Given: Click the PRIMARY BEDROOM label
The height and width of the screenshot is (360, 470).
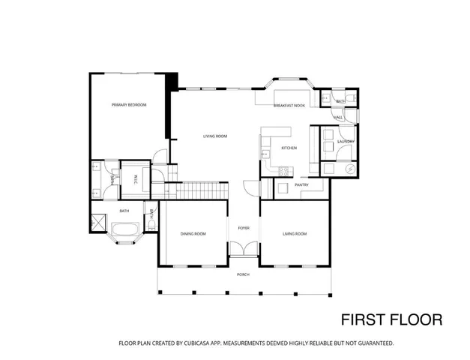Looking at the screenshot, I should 129,105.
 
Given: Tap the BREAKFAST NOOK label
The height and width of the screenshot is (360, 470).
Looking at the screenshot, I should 289,106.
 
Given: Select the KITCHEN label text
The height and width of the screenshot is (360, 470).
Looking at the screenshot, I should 289,148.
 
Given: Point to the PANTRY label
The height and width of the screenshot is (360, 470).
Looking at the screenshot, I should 302,184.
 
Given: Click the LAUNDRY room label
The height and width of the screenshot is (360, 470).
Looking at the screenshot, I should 345,142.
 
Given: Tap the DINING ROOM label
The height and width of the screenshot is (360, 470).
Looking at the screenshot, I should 193,234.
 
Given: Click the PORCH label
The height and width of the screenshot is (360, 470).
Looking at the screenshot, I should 244,274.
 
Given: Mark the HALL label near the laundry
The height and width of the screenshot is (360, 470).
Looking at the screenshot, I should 339,118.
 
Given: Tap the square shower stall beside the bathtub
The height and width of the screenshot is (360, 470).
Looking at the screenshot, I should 97,223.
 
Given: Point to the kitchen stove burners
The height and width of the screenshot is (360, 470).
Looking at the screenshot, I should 284,172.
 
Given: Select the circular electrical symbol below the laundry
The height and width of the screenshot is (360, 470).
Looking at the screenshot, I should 349,169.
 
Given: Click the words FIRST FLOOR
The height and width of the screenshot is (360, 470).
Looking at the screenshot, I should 391,319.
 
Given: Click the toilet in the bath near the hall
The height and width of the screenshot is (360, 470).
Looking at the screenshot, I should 353,99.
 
